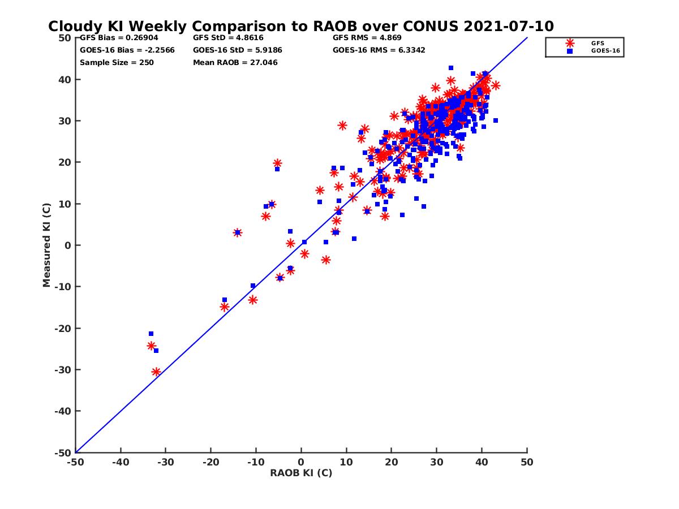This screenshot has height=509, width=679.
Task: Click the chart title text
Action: coord(300,27)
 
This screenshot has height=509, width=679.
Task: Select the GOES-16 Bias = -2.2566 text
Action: coord(127,50)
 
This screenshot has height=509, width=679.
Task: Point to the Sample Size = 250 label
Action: coord(117,62)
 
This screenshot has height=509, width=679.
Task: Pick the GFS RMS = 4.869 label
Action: coord(367,38)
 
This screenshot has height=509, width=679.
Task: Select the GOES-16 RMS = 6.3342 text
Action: coord(379,50)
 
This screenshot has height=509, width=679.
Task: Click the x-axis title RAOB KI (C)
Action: coord(300,473)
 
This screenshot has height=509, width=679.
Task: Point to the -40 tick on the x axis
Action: coord(121,462)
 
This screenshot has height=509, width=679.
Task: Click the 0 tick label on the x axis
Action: coord(301,462)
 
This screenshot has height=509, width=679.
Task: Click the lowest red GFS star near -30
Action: coord(156,372)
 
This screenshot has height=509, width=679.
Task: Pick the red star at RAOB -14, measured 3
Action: coord(238,232)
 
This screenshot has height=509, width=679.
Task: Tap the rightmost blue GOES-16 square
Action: coord(496,120)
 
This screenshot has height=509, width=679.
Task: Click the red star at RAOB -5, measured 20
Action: coord(277,163)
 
